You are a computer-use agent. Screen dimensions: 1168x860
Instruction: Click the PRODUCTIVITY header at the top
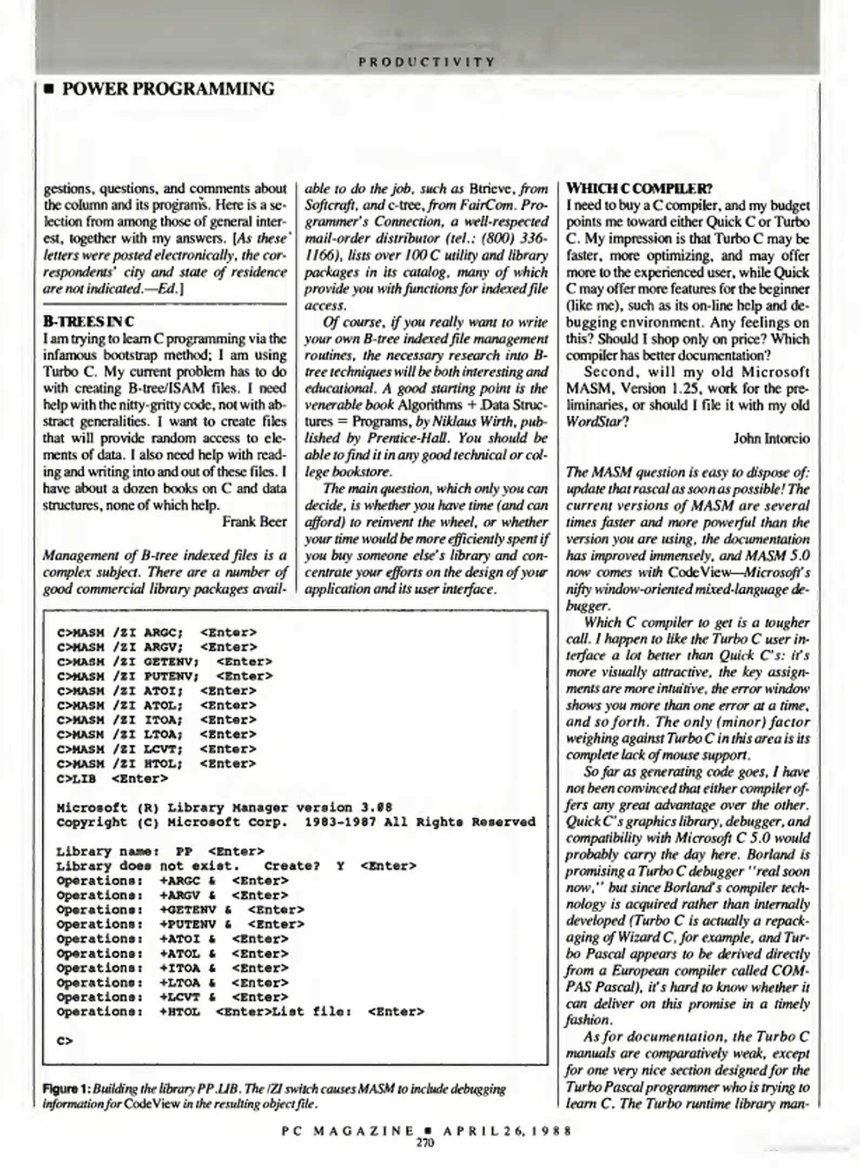point(427,62)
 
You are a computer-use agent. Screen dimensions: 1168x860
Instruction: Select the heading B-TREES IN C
point(89,322)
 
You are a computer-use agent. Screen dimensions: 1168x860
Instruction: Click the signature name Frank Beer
point(254,522)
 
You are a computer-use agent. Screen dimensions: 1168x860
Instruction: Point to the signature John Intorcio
point(771,439)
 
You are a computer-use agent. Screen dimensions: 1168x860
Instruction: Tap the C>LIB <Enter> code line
point(112,779)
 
